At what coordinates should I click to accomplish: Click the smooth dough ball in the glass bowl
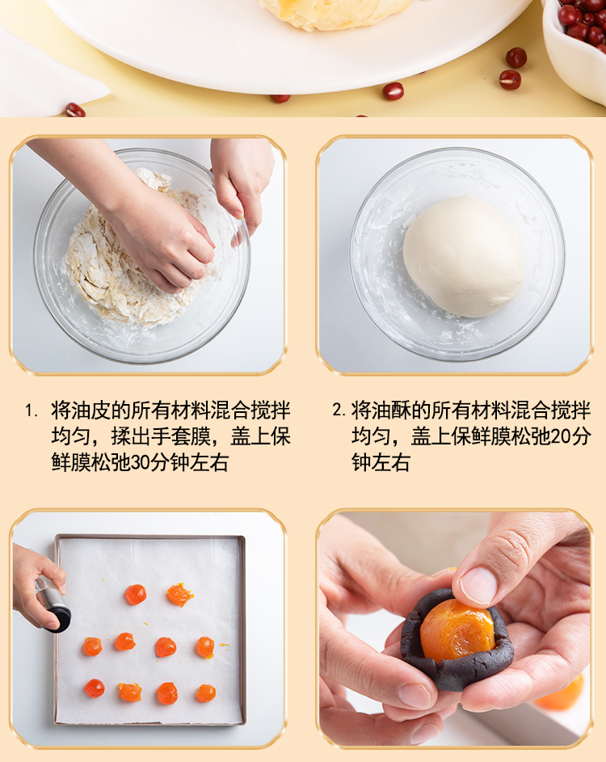tap(463, 256)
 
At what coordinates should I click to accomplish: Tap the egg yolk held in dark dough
tap(457, 630)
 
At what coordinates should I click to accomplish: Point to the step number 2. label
tap(339, 410)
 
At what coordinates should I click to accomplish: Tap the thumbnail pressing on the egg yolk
tap(478, 586)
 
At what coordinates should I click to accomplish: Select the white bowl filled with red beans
tap(576, 46)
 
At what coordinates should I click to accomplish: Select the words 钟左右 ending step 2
tap(381, 462)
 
